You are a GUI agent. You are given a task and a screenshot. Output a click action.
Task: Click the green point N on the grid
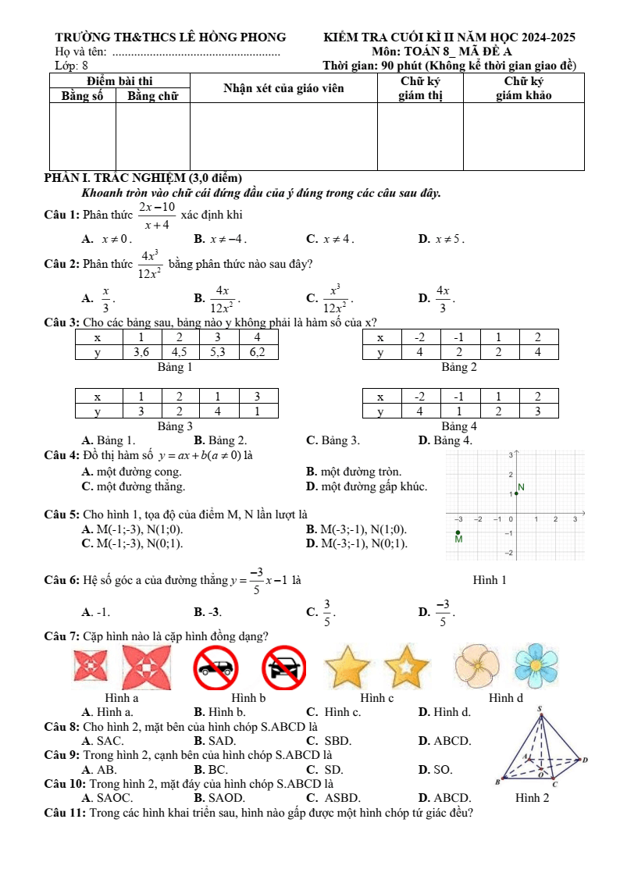pos(515,493)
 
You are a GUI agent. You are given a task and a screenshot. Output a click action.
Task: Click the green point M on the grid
pos(458,532)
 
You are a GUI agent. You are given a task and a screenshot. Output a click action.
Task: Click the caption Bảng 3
pos(175,426)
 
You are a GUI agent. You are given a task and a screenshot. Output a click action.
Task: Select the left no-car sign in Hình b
pos(216,666)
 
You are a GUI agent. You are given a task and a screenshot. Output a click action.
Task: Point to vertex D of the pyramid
pos(583,758)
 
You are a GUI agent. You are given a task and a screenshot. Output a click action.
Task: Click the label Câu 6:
pos(62,580)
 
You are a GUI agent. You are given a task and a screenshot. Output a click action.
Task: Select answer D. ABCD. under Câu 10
pos(444,798)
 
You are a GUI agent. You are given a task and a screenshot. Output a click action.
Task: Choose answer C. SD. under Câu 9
pos(325,769)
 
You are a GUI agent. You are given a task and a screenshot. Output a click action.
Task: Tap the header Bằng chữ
pos(153,95)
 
